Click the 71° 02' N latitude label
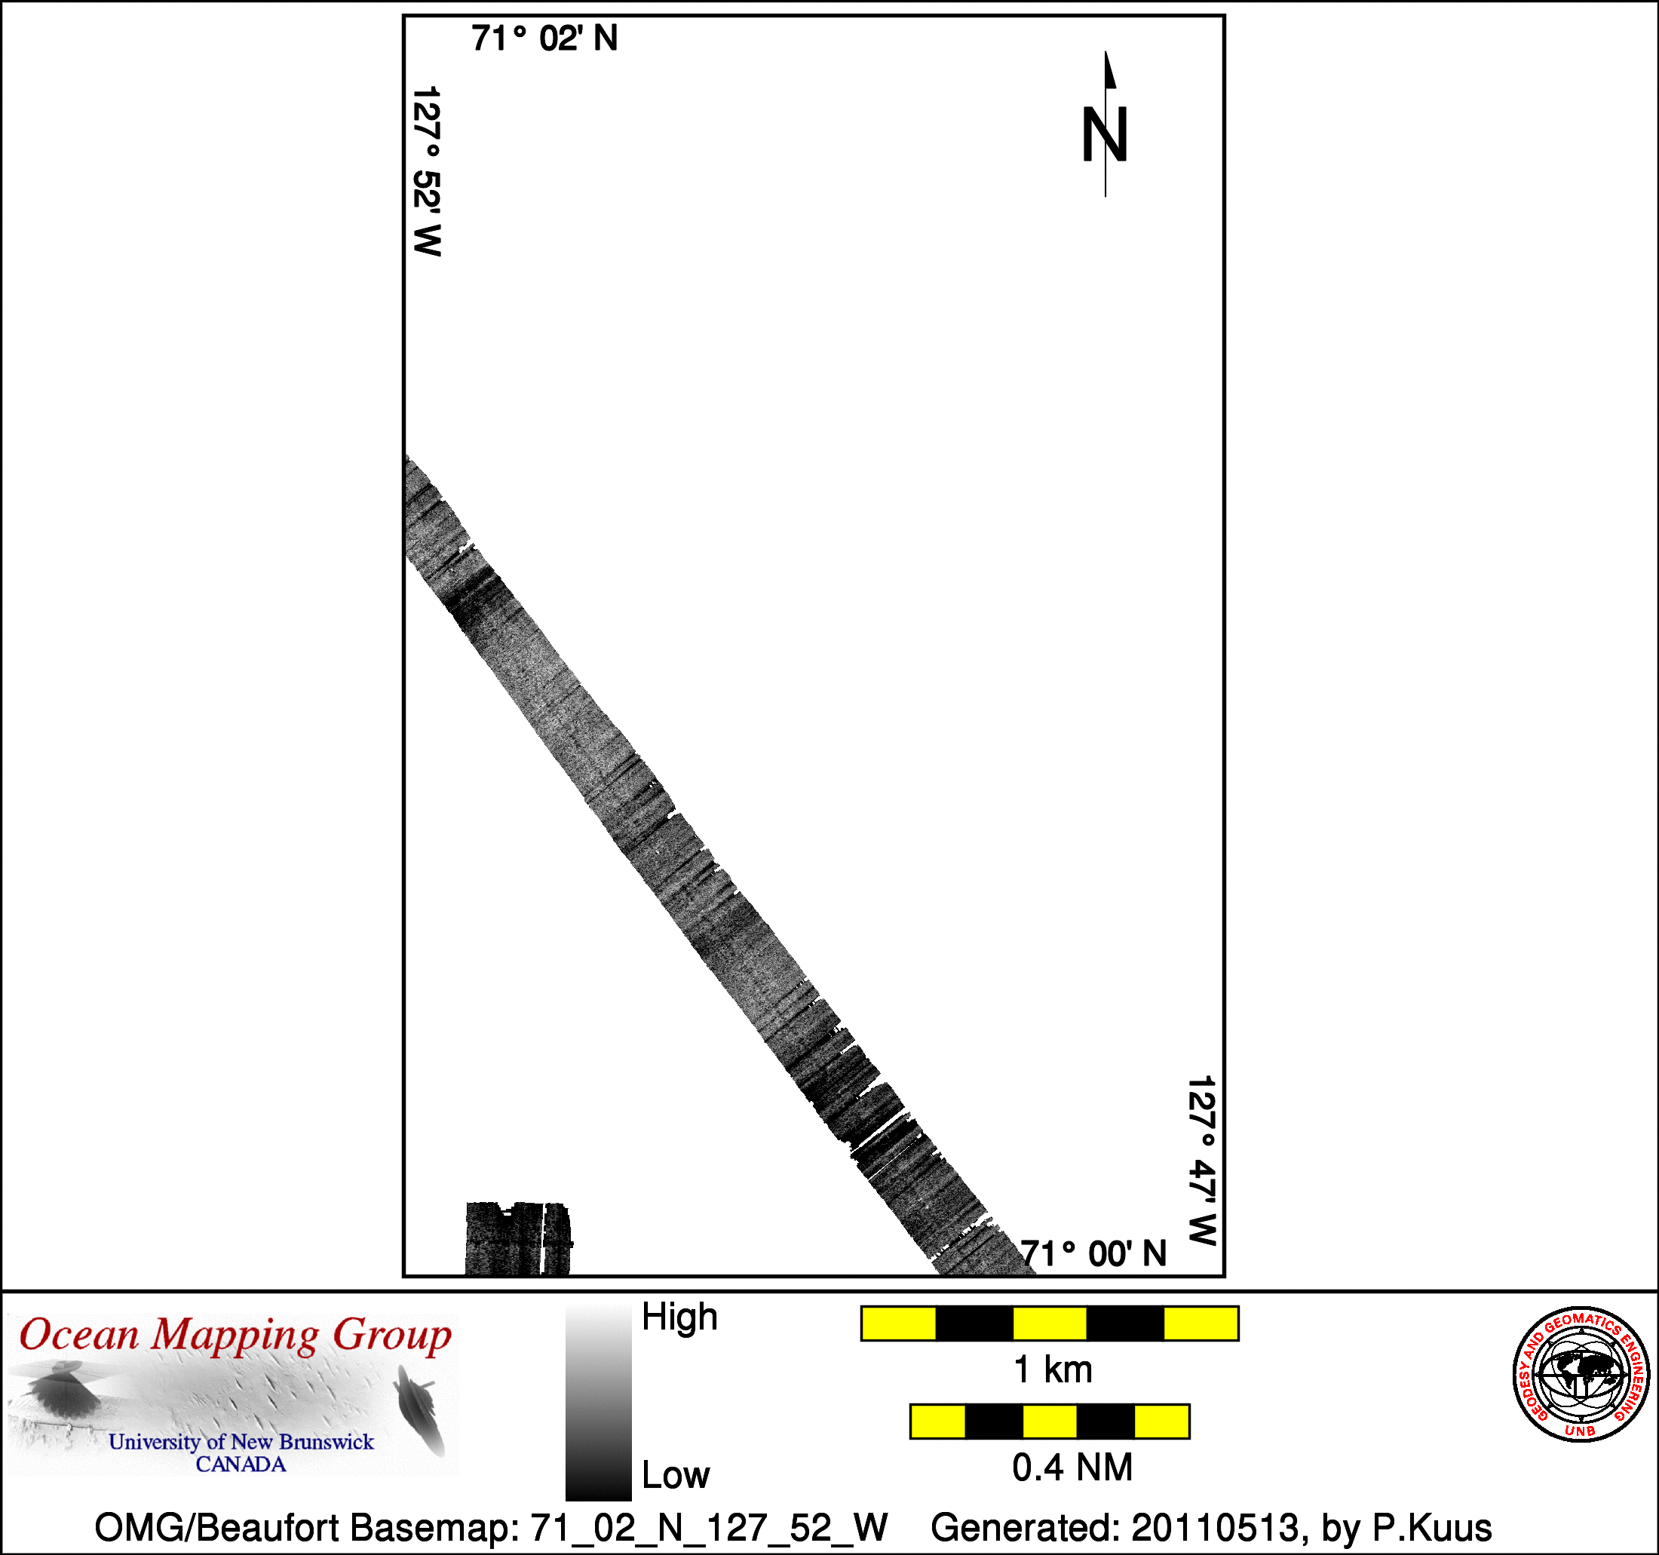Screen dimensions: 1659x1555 click(544, 38)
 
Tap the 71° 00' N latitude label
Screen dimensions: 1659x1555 click(1093, 1253)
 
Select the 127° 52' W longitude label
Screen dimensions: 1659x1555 click(426, 171)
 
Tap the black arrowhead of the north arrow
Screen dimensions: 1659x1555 click(1110, 69)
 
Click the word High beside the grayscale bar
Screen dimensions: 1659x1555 click(679, 1318)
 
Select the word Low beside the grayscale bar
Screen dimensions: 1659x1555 click(675, 1477)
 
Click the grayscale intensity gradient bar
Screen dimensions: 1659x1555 click(598, 1403)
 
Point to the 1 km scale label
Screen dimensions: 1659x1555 click(1052, 1369)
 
